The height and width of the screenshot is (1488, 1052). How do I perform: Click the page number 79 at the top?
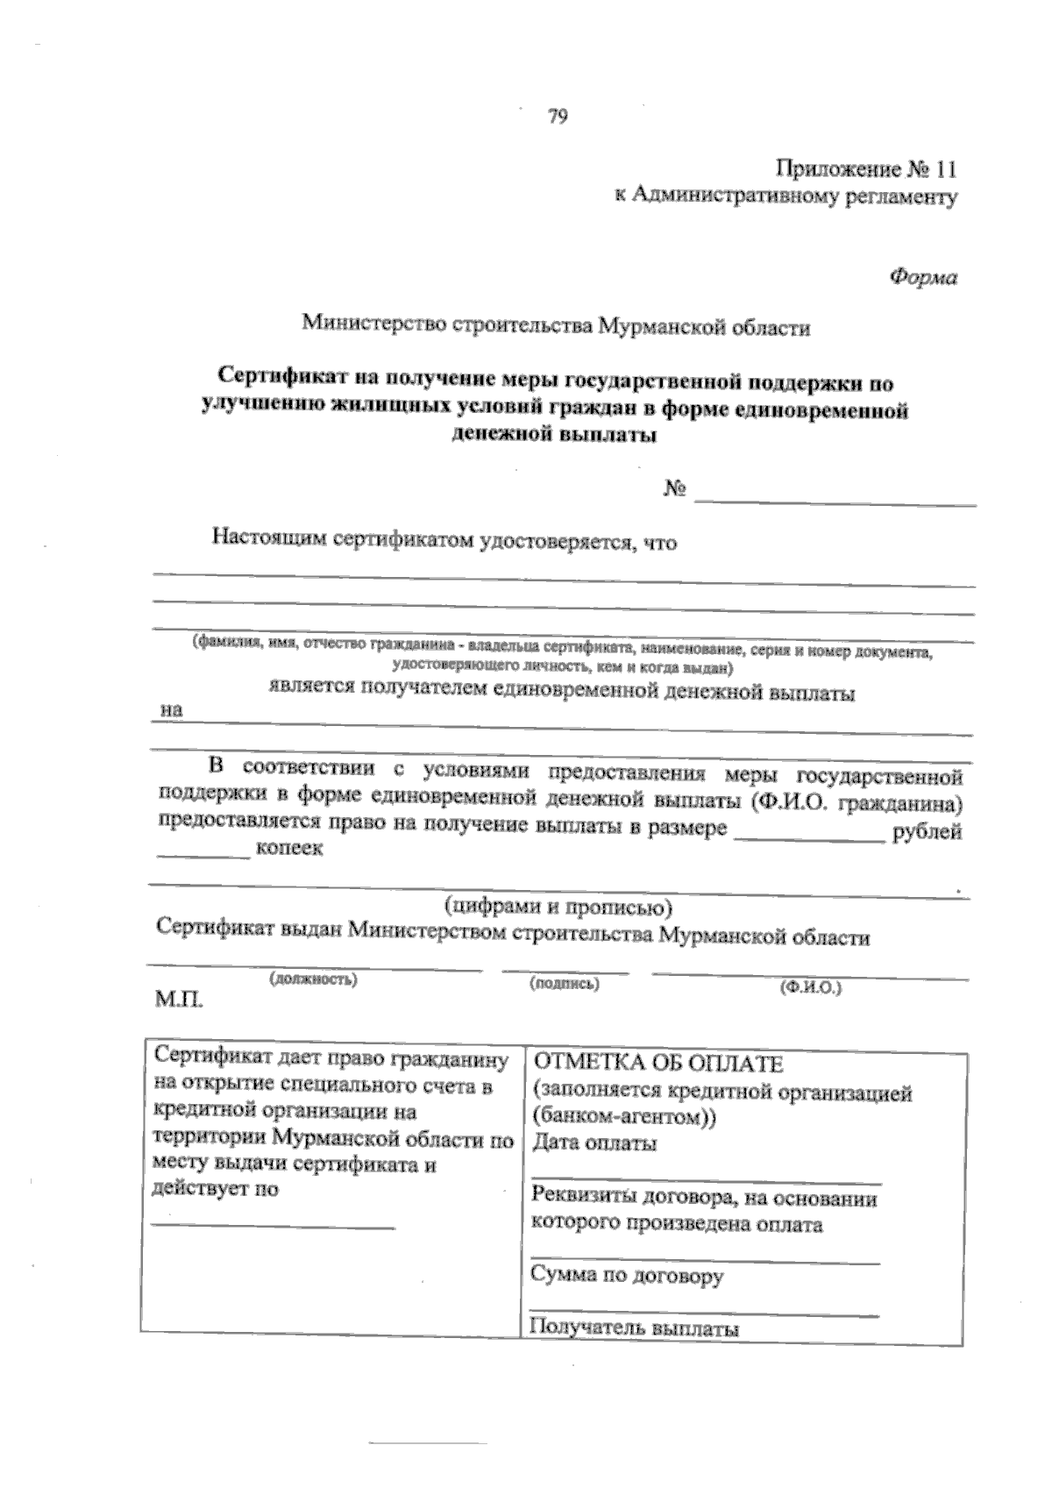click(558, 117)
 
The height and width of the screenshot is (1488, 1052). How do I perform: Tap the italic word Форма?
click(922, 277)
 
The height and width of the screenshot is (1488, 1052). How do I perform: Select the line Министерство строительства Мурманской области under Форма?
click(556, 327)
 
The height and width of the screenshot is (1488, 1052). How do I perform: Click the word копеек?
click(288, 849)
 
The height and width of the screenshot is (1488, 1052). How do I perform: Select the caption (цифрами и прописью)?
click(558, 904)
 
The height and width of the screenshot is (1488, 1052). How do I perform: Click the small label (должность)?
click(313, 979)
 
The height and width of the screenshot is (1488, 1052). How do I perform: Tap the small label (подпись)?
click(564, 984)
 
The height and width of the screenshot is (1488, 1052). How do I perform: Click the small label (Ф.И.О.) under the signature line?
click(810, 987)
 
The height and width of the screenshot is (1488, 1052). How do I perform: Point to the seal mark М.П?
click(178, 999)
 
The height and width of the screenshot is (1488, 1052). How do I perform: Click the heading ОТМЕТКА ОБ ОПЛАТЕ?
click(657, 1064)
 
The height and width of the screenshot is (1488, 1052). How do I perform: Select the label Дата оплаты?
click(594, 1143)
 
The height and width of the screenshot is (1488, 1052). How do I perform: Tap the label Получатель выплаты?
click(635, 1328)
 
